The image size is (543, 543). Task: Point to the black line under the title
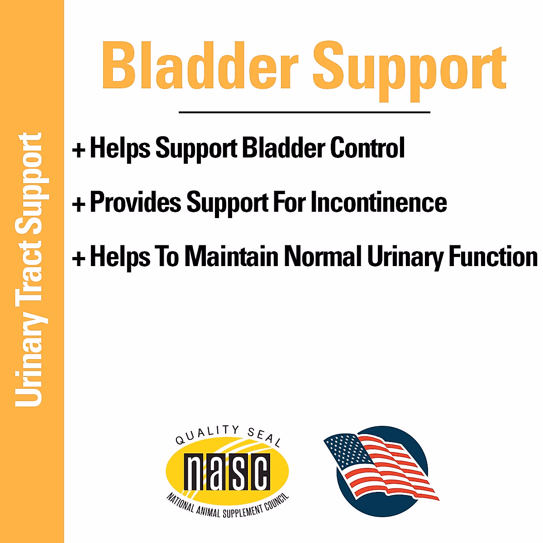click(304, 112)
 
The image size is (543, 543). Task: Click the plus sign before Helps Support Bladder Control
click(79, 150)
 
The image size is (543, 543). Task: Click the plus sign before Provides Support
click(79, 204)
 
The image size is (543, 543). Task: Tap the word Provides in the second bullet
click(135, 202)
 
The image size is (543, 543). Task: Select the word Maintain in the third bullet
click(231, 257)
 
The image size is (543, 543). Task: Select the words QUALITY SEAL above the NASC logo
click(228, 435)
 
